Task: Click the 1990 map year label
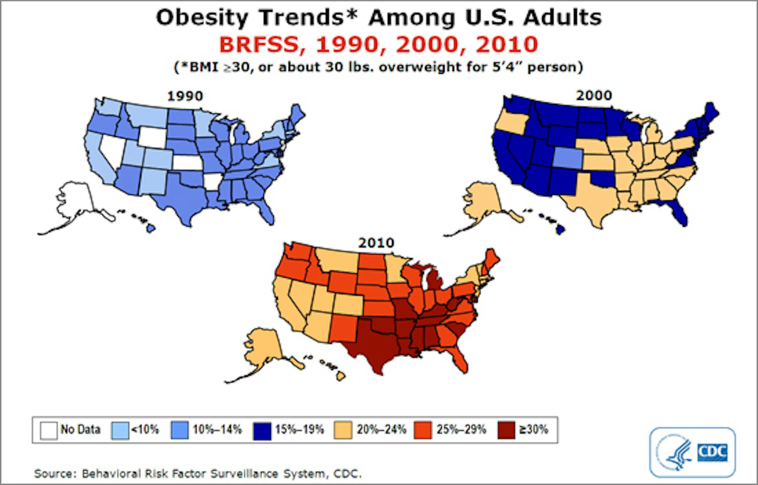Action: (185, 96)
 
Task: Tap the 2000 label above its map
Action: (594, 95)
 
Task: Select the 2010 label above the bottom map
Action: (376, 243)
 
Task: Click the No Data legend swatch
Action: (48, 430)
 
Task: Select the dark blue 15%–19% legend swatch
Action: (262, 431)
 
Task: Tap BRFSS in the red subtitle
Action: (259, 45)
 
